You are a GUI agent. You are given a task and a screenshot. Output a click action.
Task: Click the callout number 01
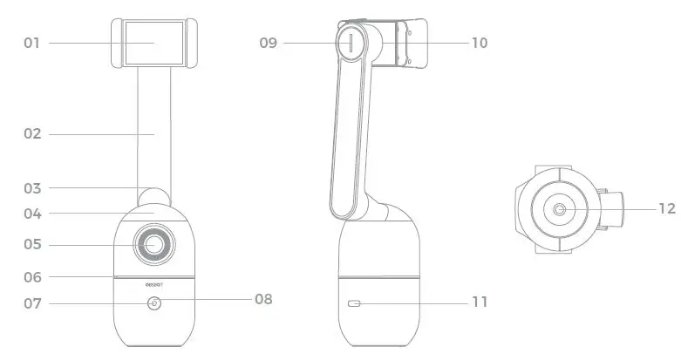[x=32, y=42]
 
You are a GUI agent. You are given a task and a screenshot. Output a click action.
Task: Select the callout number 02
[x=32, y=134]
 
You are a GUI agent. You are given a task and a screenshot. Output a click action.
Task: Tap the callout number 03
[x=32, y=187]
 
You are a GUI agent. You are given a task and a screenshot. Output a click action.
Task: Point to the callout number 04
[x=32, y=213]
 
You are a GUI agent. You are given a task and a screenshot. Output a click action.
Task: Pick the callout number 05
[x=32, y=245]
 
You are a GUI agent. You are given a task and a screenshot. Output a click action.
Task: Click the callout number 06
[x=32, y=277]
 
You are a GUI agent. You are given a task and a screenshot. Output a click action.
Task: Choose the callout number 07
[x=32, y=304]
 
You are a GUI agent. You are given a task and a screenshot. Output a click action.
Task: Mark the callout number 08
[x=262, y=299]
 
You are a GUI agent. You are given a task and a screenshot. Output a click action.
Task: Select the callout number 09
[x=268, y=42]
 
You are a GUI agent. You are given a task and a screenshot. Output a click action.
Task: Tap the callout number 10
[x=479, y=42]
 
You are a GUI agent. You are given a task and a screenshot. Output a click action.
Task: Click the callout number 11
[x=479, y=302]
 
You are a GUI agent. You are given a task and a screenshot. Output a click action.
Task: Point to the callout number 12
[x=666, y=209]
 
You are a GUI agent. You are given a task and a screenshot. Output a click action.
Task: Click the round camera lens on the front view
[x=153, y=245]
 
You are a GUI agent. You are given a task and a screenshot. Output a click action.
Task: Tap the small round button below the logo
[x=154, y=303]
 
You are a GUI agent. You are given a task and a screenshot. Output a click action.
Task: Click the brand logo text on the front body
[x=154, y=282]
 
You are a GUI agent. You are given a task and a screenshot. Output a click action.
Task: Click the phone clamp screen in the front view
[x=153, y=42]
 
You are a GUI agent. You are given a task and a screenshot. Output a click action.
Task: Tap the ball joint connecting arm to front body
[x=154, y=197]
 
